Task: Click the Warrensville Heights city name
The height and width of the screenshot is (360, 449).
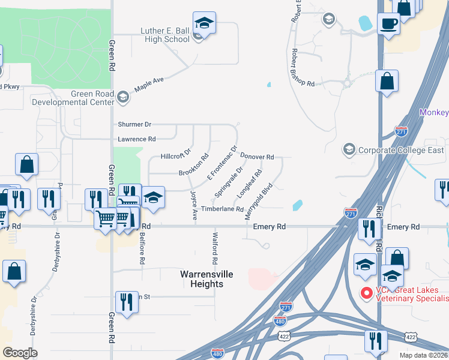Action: [206, 279]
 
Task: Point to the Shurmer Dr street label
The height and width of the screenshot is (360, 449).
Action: [134, 124]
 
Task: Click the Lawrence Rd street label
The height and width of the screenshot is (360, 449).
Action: [136, 139]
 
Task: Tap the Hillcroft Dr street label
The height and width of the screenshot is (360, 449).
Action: [176, 156]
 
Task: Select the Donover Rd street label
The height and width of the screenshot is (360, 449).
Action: [257, 157]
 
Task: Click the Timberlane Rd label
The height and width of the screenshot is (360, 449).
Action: [222, 209]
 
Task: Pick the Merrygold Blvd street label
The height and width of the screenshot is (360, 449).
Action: [259, 201]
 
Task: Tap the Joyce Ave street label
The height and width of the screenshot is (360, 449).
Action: [194, 206]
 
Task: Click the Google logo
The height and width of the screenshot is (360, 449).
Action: [20, 353]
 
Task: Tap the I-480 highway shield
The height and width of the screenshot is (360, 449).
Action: [280, 321]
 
